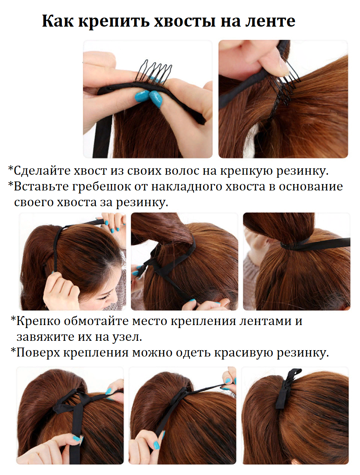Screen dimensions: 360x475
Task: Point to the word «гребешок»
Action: [102, 187]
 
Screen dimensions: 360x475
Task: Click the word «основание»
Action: [311, 187]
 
